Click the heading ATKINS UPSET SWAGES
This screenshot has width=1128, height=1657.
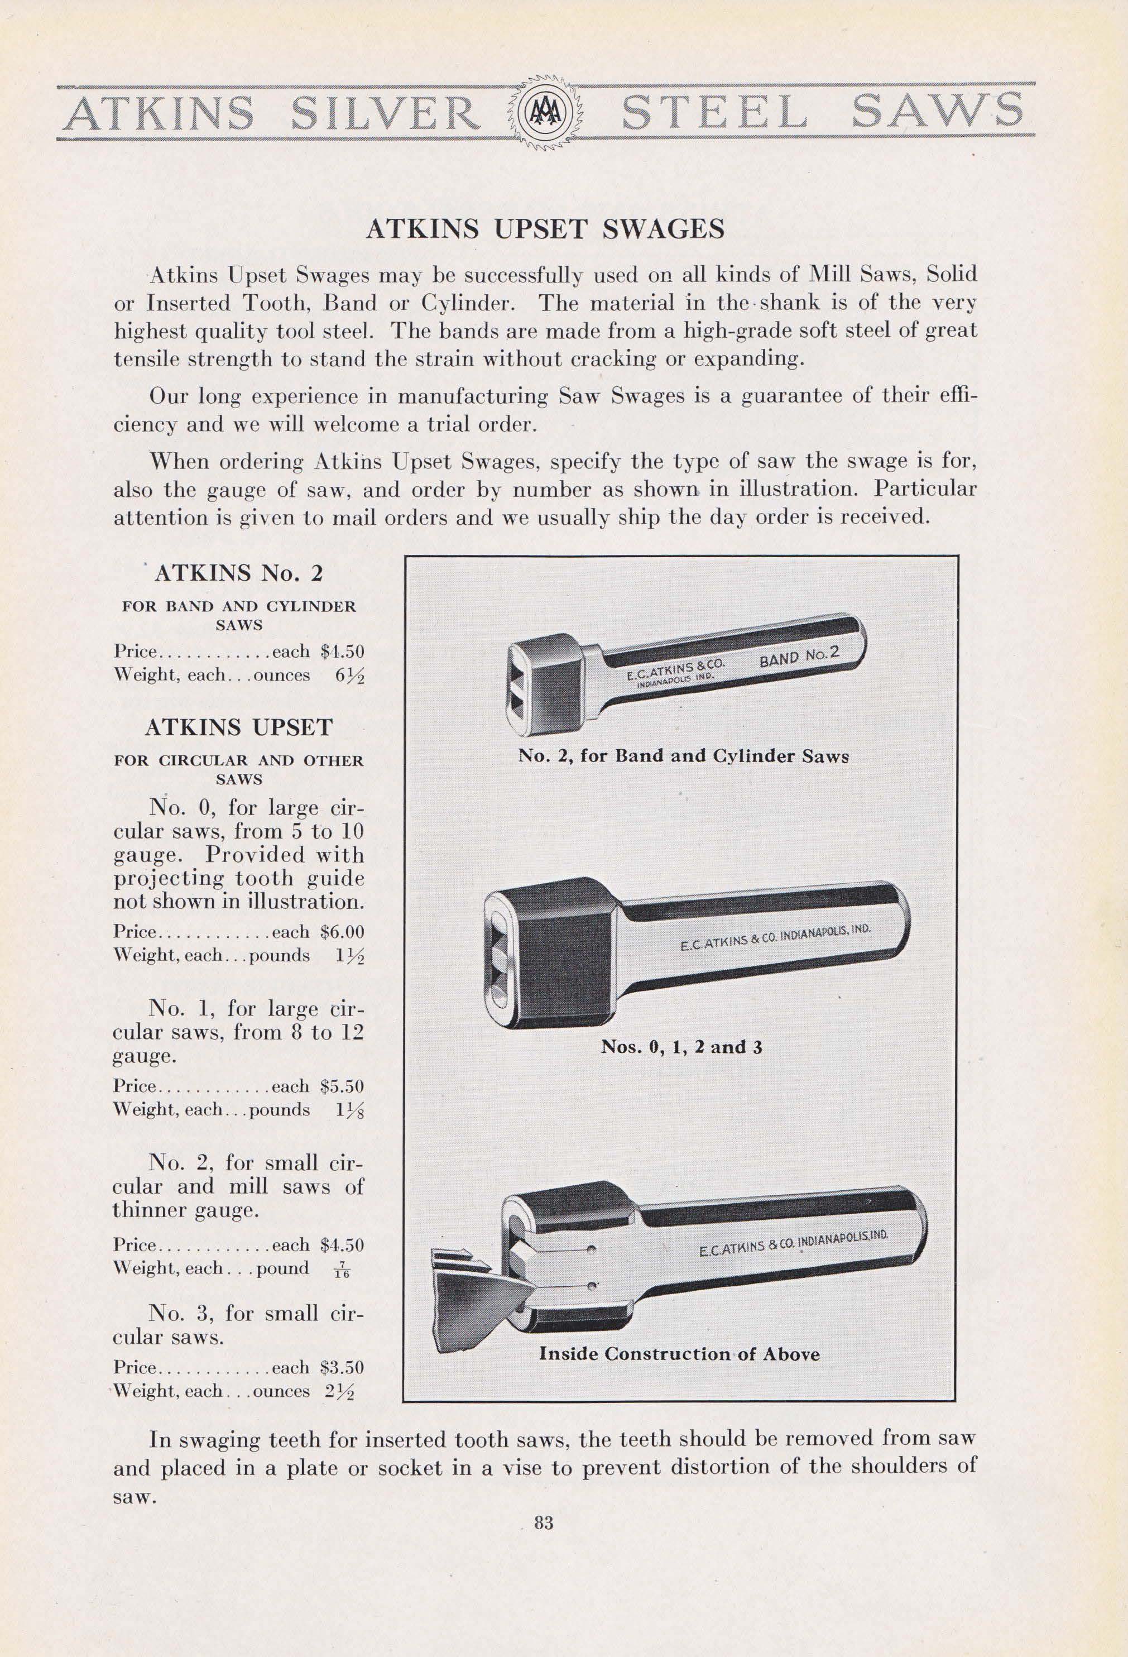[545, 229]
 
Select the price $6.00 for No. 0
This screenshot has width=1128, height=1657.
[342, 932]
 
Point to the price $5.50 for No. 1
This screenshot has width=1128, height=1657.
[342, 1086]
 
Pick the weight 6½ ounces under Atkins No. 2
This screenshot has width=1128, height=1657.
[349, 675]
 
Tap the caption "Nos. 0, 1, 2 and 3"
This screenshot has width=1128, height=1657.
[681, 1047]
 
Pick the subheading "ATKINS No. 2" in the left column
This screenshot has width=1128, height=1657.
[239, 573]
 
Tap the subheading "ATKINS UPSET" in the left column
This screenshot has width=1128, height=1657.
[239, 727]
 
